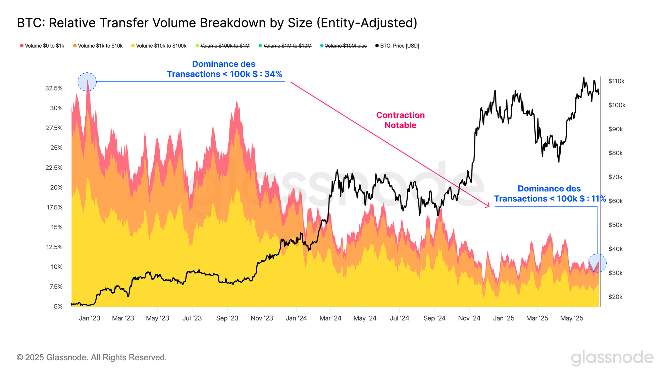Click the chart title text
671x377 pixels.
pos(217,23)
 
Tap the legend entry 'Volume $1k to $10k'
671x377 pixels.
pos(100,46)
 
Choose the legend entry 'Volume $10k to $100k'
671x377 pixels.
pos(161,46)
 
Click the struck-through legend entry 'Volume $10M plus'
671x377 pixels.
pos(346,46)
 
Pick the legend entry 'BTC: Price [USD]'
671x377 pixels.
pos(399,46)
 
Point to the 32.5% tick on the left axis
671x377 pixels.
pos(54,88)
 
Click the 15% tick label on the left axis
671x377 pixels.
pos(57,227)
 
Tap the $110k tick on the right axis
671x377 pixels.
pos(616,81)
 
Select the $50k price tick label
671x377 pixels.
pos(615,225)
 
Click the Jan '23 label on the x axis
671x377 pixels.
pos(90,318)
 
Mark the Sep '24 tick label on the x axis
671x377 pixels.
pos(434,318)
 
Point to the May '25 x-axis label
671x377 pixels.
pos(572,318)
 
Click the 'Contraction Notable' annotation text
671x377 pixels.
pos(400,120)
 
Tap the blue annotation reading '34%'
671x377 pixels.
pos(224,69)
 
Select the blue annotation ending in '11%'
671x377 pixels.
pos(550,194)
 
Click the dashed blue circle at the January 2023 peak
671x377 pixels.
pos(87,82)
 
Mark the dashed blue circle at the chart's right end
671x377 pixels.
pos(597,263)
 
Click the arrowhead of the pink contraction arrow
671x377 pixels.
pos(488,206)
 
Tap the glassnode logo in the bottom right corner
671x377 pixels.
pos(612,358)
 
